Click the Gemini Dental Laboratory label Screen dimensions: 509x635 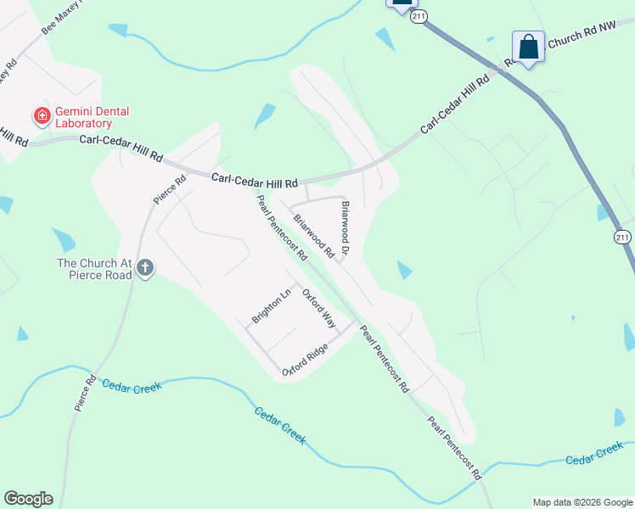point(83,117)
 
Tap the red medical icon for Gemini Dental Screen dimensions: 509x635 point(40,115)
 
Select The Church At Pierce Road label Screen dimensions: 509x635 point(94,269)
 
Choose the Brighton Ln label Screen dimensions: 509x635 point(272,306)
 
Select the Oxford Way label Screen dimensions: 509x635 point(319,310)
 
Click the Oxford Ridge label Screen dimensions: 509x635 point(306,360)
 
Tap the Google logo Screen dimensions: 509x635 point(28,499)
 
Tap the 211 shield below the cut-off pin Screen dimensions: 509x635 point(417,16)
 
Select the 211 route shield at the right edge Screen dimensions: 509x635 point(625,238)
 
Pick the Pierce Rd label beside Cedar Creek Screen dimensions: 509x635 point(82,393)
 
